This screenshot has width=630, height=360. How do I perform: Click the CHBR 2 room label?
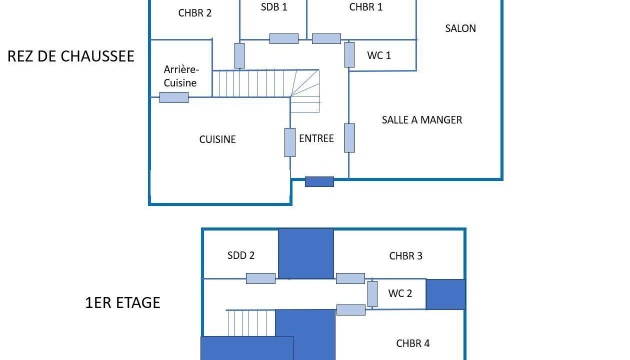click(195, 13)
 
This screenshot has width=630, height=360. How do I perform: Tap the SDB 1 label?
click(274, 7)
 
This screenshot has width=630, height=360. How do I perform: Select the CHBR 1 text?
click(366, 7)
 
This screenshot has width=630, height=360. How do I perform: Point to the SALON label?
click(460, 28)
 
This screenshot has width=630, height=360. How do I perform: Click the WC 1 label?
click(379, 55)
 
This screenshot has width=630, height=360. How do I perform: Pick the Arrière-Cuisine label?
click(181, 76)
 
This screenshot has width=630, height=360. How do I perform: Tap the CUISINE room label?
click(217, 139)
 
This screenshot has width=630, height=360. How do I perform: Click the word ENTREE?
click(316, 138)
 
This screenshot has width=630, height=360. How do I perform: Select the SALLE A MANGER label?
click(422, 120)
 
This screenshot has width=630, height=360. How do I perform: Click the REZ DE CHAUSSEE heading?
click(71, 56)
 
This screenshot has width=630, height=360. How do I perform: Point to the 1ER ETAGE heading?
click(122, 302)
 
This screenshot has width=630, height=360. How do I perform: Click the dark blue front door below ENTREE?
click(319, 181)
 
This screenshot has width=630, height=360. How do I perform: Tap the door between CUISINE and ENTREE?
click(290, 142)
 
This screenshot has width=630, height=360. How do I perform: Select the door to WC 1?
click(349, 54)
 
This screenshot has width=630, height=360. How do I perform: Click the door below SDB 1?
click(284, 39)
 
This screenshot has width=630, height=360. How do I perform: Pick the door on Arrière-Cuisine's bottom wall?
click(174, 97)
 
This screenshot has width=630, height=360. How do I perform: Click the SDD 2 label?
click(241, 255)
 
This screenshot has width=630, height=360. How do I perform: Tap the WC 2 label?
click(400, 293)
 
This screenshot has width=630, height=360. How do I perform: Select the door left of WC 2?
click(372, 294)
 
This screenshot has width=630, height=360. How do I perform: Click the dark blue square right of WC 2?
click(445, 294)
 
